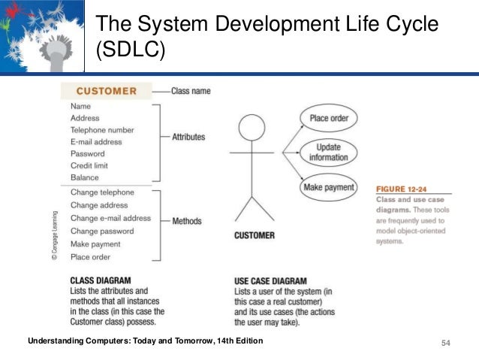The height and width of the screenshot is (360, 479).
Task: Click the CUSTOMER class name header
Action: point(106,92)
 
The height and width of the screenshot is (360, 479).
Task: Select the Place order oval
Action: point(329,118)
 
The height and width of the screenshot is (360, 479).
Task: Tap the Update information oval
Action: point(328,153)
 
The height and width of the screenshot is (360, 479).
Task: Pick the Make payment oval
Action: point(328,187)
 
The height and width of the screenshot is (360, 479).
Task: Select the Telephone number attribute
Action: point(102,130)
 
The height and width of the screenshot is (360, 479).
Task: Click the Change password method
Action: point(102,231)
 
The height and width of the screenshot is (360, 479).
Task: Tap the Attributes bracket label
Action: point(188,137)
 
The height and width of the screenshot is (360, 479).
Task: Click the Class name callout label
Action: point(191,91)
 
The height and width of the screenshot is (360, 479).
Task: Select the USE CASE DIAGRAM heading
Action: point(273,280)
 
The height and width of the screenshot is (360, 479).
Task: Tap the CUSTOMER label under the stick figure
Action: point(255,235)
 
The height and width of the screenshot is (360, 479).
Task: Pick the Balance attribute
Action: point(85,177)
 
